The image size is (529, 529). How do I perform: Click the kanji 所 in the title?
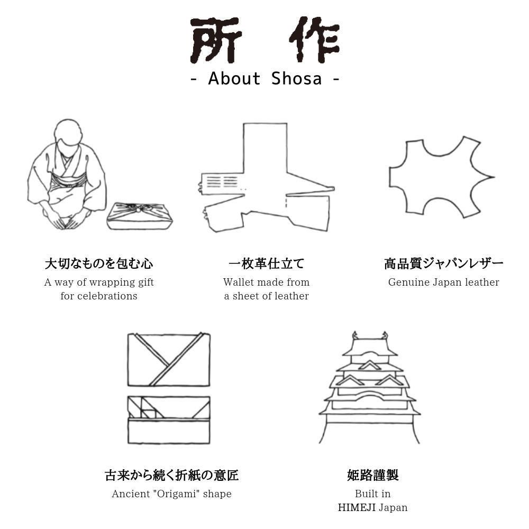(x=215, y=41)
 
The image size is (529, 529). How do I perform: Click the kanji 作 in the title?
(x=314, y=41)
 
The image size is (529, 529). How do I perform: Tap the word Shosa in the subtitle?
(x=296, y=79)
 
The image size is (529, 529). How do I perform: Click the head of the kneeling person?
(x=67, y=135)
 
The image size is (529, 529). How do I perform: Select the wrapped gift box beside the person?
(x=140, y=216)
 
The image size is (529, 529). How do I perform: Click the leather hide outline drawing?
(x=440, y=177)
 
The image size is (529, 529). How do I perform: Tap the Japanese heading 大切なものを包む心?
(x=99, y=263)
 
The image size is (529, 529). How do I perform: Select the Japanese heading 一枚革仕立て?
(x=266, y=263)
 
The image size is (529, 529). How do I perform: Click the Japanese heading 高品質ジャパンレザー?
(x=443, y=263)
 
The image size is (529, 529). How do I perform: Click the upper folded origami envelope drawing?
(x=169, y=360)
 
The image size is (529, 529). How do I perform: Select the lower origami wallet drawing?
(x=169, y=420)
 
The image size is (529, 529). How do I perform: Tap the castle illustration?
(x=370, y=389)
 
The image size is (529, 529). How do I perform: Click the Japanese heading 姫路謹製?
(x=372, y=475)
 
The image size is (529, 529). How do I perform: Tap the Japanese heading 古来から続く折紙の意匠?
(x=171, y=475)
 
